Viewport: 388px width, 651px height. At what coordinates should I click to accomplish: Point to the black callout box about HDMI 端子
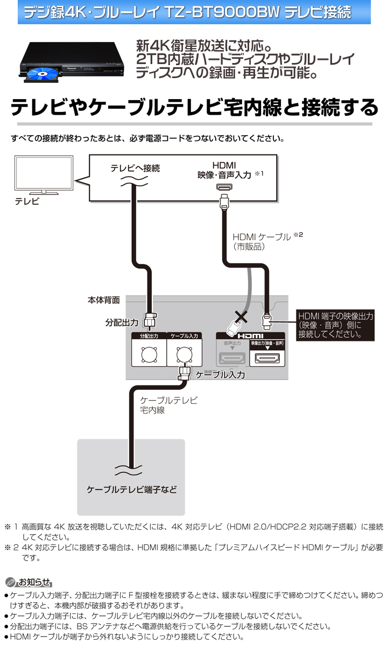[x=336, y=325]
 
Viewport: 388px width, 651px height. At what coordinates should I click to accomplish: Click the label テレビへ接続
[x=135, y=168]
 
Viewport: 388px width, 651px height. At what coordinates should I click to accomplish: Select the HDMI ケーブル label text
[x=262, y=236]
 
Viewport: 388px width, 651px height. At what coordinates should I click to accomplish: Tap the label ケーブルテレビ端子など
[x=131, y=490]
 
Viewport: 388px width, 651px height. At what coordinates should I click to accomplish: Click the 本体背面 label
[x=104, y=299]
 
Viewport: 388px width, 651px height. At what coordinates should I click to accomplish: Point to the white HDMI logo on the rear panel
[x=250, y=336]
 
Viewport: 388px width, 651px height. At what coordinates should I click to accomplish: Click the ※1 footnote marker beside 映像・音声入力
[x=259, y=174]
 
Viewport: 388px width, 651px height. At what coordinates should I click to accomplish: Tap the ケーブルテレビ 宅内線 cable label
[x=168, y=405]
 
